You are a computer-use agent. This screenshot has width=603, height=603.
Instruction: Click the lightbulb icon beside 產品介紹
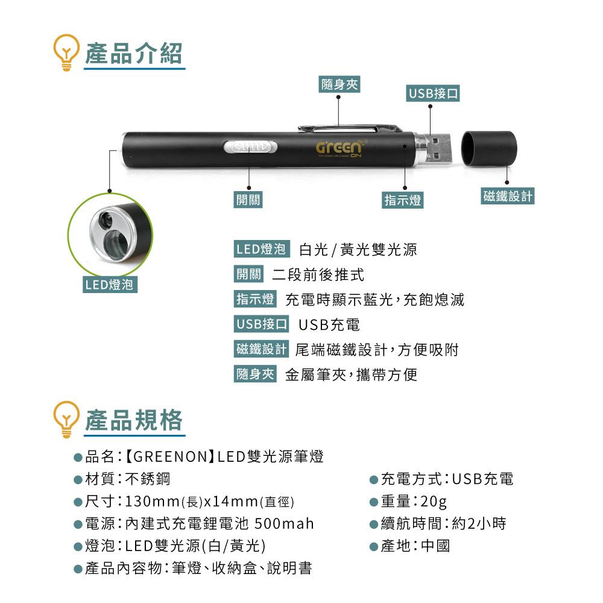(x=66, y=52)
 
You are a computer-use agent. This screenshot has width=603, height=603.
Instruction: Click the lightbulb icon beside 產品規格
(x=66, y=419)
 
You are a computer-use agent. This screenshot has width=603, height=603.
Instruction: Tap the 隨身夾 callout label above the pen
(x=339, y=84)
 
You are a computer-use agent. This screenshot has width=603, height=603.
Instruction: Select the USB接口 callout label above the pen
(x=432, y=93)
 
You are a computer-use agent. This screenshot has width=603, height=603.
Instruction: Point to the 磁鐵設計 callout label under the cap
(x=507, y=196)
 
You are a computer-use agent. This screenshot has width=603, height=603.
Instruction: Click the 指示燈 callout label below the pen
(x=403, y=200)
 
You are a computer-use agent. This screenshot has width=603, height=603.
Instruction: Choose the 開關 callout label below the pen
(x=248, y=200)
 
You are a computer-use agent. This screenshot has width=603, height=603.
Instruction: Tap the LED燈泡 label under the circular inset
(x=110, y=285)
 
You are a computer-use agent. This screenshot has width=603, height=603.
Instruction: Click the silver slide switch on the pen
(x=250, y=147)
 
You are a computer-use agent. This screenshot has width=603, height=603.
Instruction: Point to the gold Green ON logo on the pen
(x=339, y=148)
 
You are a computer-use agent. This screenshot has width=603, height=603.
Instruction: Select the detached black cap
(x=489, y=148)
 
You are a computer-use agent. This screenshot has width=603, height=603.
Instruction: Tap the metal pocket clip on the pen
(x=349, y=128)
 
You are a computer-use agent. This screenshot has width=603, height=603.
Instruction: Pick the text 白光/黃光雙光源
(x=358, y=250)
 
